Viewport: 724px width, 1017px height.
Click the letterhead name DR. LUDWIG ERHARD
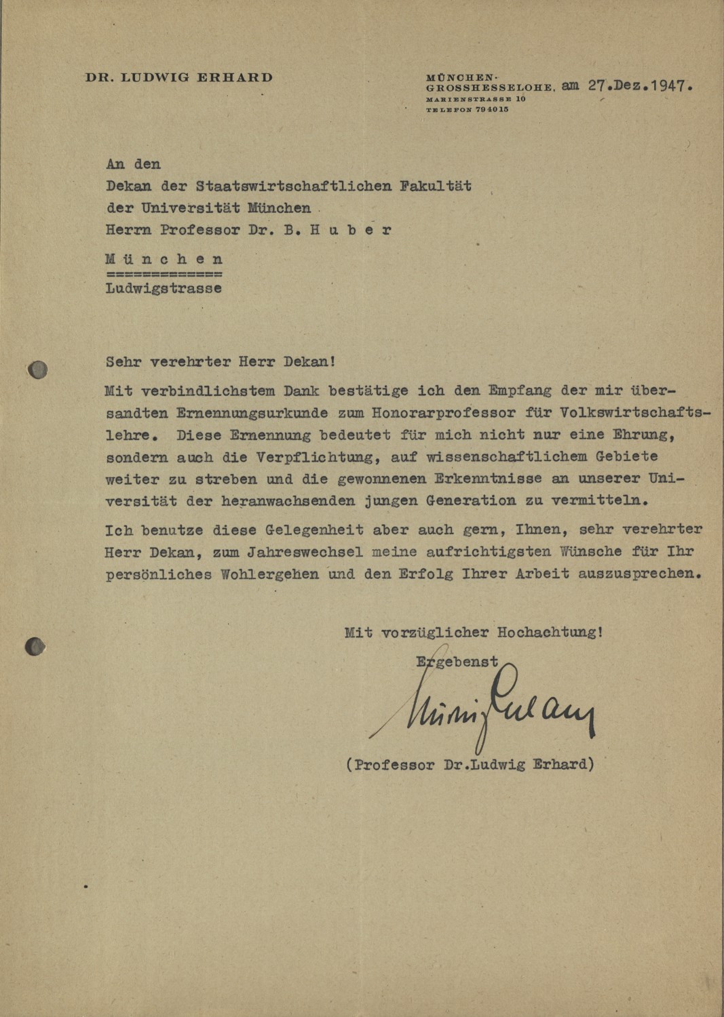point(179,77)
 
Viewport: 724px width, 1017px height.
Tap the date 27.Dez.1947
point(641,86)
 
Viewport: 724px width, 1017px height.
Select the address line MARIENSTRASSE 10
point(476,99)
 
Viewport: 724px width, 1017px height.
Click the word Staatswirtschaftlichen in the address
point(294,186)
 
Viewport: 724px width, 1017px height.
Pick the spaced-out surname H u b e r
point(351,230)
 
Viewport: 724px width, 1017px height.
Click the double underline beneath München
point(164,275)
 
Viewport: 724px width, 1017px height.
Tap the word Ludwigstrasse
point(164,288)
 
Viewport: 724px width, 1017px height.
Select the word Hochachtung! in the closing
point(550,633)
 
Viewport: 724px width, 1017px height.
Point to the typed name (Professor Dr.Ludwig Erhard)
point(470,765)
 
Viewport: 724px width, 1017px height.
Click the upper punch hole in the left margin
point(38,370)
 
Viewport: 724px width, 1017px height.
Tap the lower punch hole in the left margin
point(34,647)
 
